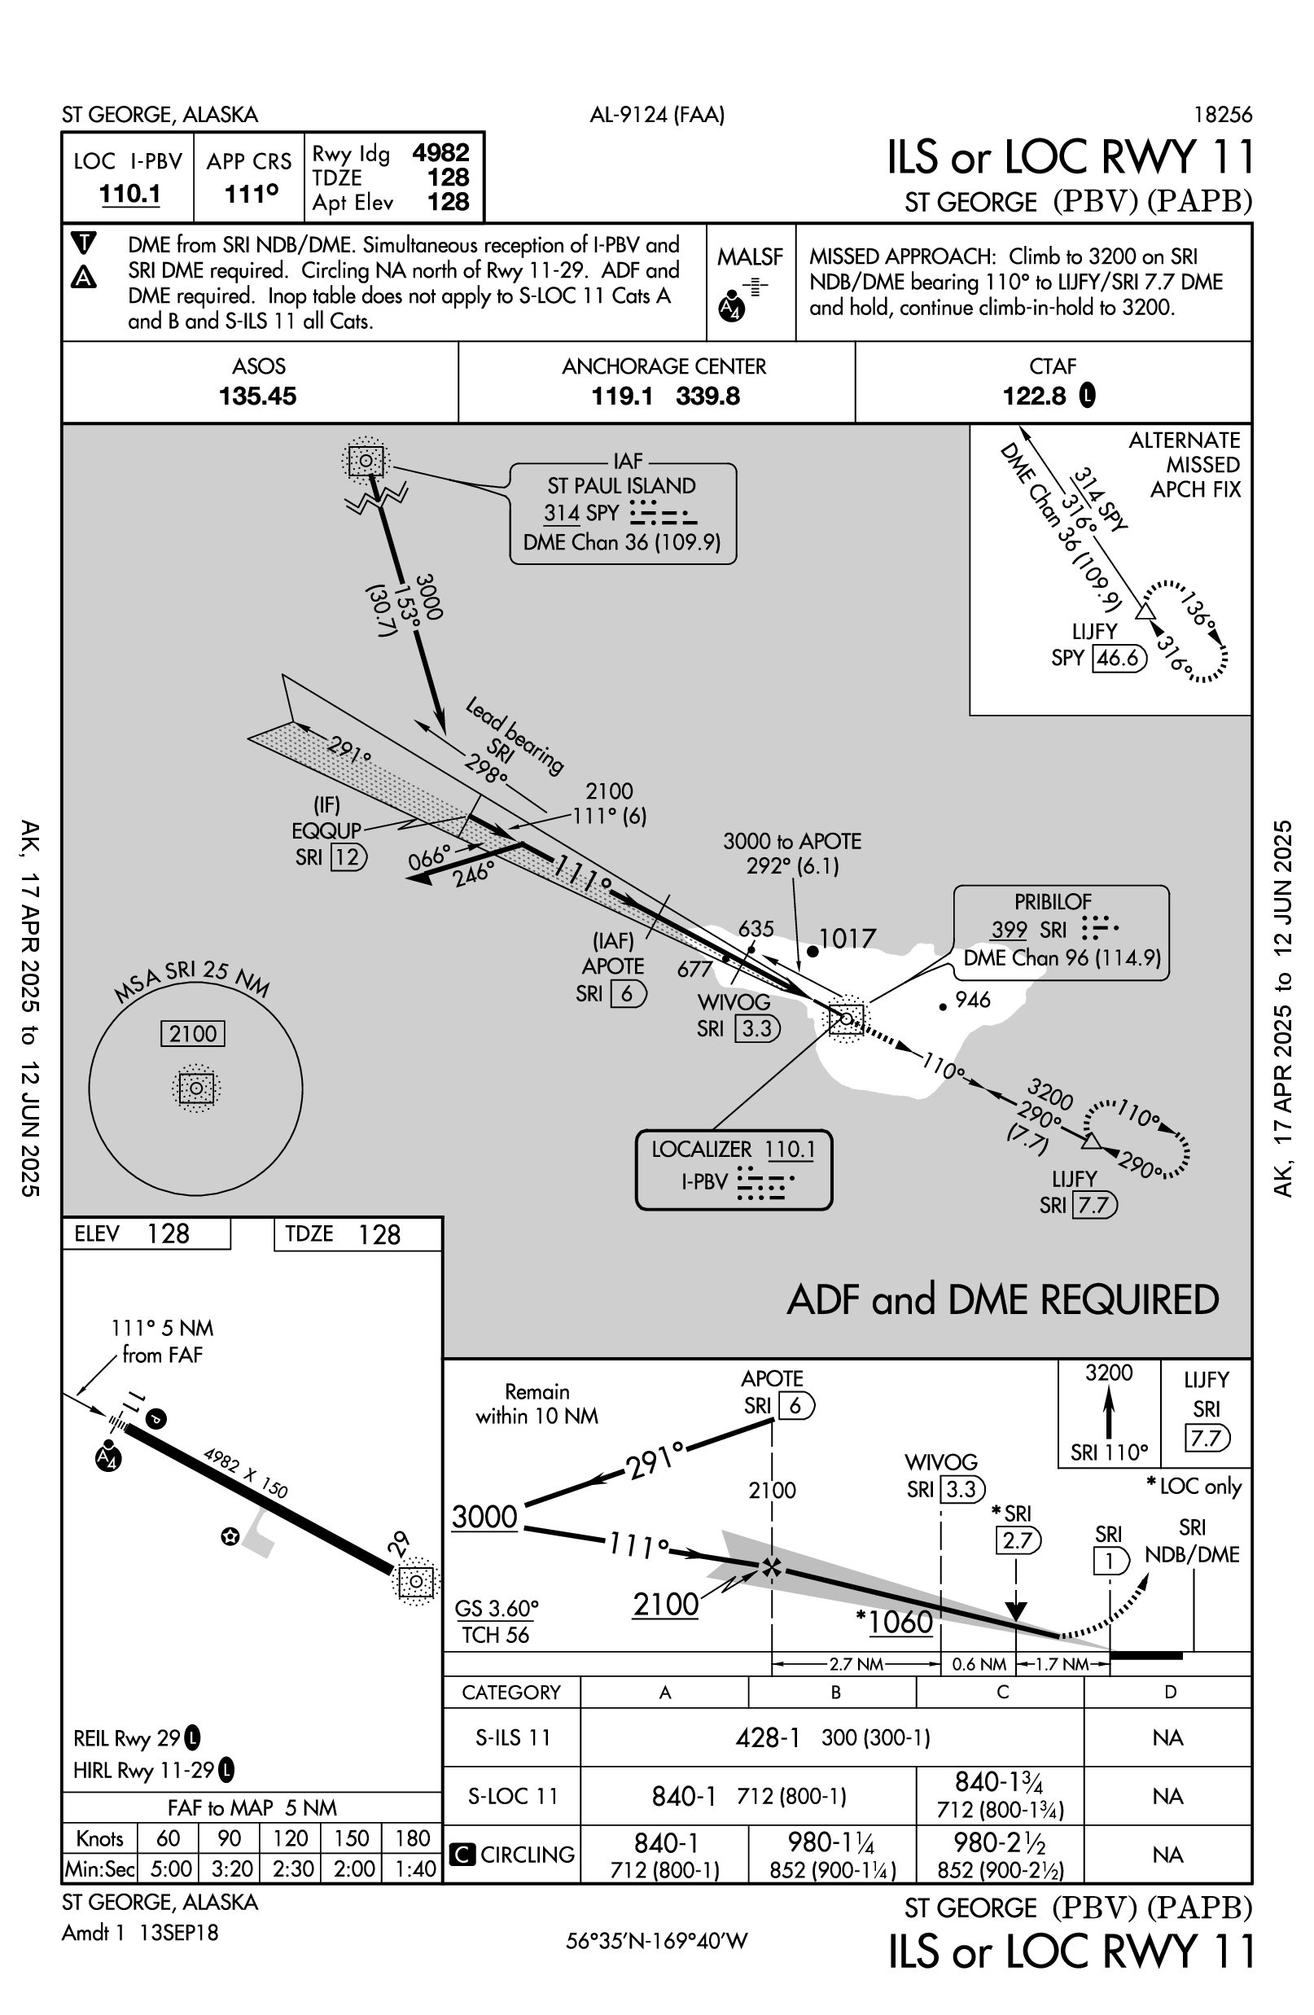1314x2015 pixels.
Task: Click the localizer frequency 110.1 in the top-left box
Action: pyautogui.click(x=129, y=194)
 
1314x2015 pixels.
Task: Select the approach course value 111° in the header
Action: pyautogui.click(x=251, y=194)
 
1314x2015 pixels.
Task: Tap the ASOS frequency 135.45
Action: pyautogui.click(x=257, y=396)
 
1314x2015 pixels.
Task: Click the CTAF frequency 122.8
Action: pyautogui.click(x=1035, y=396)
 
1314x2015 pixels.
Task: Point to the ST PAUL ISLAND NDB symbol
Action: pyautogui.click(x=366, y=462)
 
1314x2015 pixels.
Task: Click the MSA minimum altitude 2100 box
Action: pyautogui.click(x=193, y=1034)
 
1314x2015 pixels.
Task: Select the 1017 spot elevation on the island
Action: pyautogui.click(x=848, y=938)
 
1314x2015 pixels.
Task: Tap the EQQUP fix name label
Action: pyautogui.click(x=326, y=830)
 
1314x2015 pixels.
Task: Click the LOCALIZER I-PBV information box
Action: pyautogui.click(x=734, y=1168)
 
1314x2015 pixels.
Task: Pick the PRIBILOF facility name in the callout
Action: pyautogui.click(x=1053, y=902)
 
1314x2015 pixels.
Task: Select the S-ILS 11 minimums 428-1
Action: pyautogui.click(x=767, y=1738)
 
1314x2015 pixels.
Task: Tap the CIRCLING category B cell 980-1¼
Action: pyautogui.click(x=832, y=1843)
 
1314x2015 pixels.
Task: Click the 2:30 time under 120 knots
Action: pyautogui.click(x=291, y=1868)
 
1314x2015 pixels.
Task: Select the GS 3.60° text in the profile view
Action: pyautogui.click(x=496, y=1608)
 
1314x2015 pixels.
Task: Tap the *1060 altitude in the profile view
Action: pyautogui.click(x=895, y=1622)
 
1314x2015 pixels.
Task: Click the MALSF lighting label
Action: pyautogui.click(x=749, y=256)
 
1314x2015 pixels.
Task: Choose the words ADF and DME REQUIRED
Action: pyautogui.click(x=1002, y=1299)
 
